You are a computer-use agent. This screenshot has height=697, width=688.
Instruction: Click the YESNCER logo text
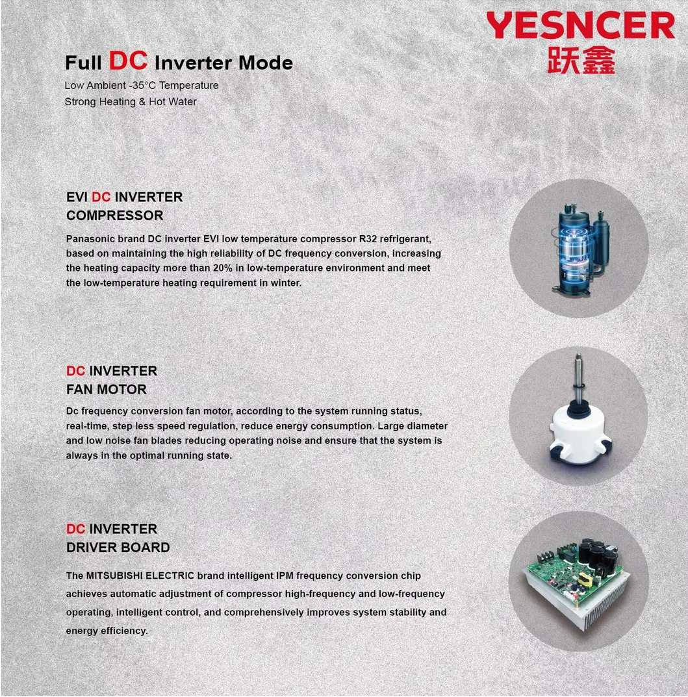pyautogui.click(x=580, y=27)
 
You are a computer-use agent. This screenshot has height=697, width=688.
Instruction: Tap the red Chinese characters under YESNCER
pyautogui.click(x=580, y=59)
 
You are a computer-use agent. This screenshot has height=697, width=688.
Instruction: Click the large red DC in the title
pyautogui.click(x=129, y=60)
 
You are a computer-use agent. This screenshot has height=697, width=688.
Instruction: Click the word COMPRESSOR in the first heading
pyautogui.click(x=115, y=216)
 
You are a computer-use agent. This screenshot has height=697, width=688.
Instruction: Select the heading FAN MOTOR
pyautogui.click(x=107, y=390)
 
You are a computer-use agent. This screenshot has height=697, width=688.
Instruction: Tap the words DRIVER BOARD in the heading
pyautogui.click(x=118, y=548)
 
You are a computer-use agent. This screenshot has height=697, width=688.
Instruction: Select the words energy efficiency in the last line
pyautogui.click(x=107, y=631)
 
